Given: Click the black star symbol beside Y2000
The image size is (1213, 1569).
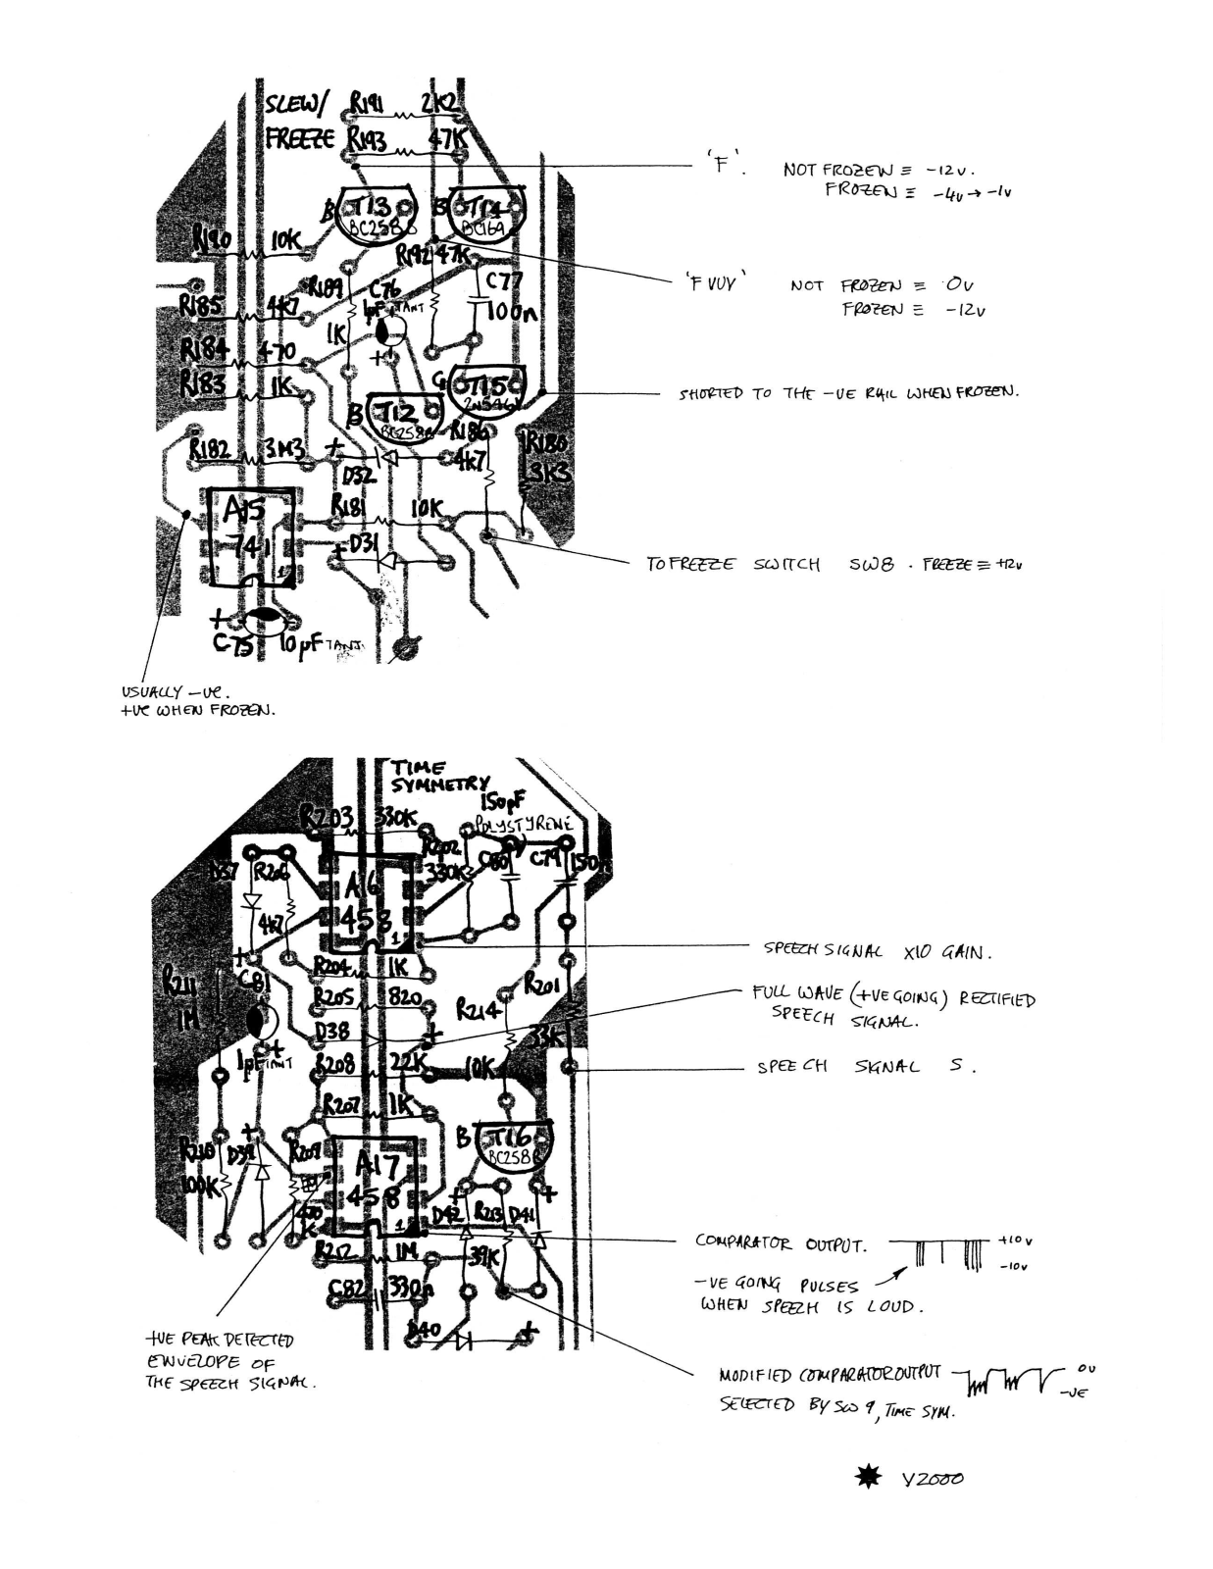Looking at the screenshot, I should tap(868, 1477).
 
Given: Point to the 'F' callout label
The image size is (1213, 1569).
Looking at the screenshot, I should tap(723, 164).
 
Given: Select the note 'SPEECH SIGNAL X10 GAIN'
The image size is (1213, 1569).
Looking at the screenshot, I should tap(878, 950).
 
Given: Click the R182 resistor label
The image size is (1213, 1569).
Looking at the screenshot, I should tap(210, 449).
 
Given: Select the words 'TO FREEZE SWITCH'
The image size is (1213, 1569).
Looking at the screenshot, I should tap(733, 565).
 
